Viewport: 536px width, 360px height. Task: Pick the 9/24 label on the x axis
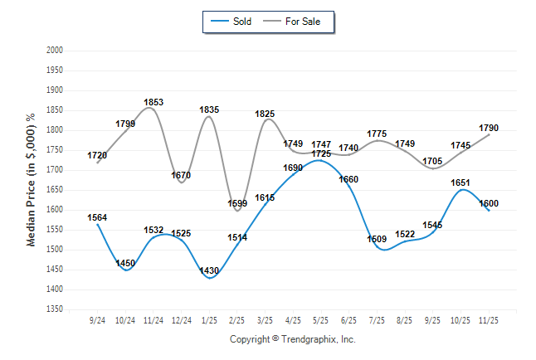coord(97,319)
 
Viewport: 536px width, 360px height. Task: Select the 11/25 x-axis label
coord(489,319)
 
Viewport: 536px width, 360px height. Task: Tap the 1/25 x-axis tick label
coord(209,319)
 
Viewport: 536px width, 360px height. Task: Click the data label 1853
coord(153,103)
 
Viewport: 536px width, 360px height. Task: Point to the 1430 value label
coord(209,271)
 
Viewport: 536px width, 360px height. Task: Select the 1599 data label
coord(237,203)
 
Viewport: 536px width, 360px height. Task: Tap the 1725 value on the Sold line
coord(321,154)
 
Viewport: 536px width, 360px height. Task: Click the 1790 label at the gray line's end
coord(489,128)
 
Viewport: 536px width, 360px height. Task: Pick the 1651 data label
coord(460,182)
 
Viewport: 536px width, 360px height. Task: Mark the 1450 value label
coord(125,263)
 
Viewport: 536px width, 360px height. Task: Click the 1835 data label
coord(209,109)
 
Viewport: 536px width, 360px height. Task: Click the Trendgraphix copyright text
coord(292,339)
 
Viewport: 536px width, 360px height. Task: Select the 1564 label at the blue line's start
coord(97,217)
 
